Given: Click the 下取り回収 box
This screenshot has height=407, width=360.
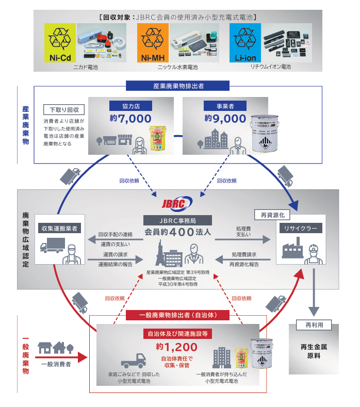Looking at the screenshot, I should point(64,110).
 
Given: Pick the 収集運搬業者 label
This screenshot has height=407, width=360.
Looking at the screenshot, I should point(61,227).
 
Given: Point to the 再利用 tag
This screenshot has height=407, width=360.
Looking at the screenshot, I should point(311,325).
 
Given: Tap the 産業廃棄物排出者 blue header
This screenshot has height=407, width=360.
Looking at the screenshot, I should point(177,86).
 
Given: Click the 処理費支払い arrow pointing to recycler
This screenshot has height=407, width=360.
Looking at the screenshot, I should point(242,239).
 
